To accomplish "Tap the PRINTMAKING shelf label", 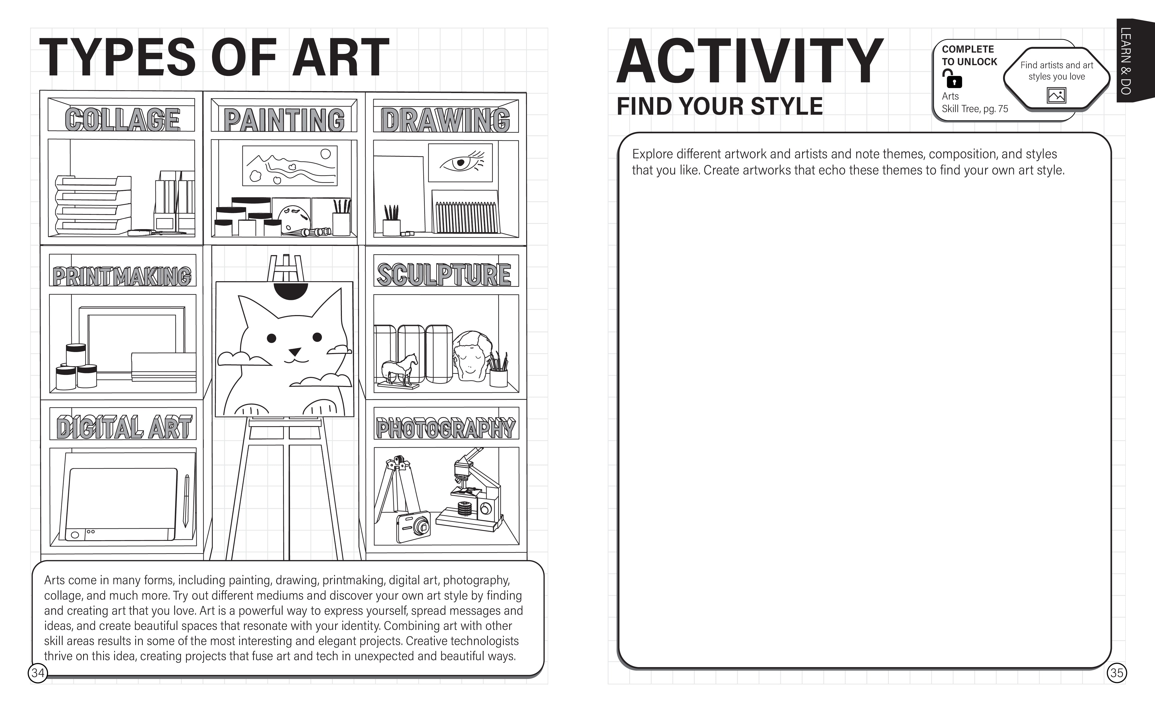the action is coord(122,276).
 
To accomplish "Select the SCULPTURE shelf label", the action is coord(444,275).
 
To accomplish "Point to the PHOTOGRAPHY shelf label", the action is coord(446,427).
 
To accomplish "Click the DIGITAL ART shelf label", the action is coord(124,427).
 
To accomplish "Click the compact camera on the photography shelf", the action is coord(413,526).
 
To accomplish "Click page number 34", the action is coord(38,673).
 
